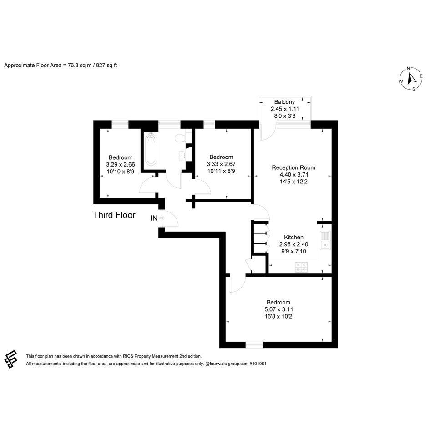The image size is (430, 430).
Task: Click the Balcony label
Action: [x=284, y=102]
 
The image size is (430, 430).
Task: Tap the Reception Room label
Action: [x=293, y=167]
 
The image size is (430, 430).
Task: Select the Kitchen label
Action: [x=293, y=237]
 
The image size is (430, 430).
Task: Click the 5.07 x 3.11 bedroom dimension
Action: [x=278, y=309]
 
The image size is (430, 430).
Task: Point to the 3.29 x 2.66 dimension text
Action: [x=121, y=165]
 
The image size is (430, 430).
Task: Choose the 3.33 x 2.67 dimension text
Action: [x=221, y=164]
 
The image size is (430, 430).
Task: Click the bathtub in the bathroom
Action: [x=151, y=149]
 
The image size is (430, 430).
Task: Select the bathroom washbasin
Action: [x=182, y=156]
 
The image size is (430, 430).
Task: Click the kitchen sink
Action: [x=325, y=241]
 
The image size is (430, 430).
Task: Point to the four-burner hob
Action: [x=301, y=268]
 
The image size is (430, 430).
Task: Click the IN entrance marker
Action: [x=154, y=218]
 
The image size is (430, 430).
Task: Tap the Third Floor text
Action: [x=114, y=215]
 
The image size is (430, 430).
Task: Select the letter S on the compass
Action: [x=414, y=89]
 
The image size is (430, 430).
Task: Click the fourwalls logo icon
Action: [x=11, y=359]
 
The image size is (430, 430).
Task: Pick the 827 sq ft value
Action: [x=106, y=66]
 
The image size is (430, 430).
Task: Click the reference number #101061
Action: [x=258, y=364]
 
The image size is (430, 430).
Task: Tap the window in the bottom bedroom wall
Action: [x=254, y=345]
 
